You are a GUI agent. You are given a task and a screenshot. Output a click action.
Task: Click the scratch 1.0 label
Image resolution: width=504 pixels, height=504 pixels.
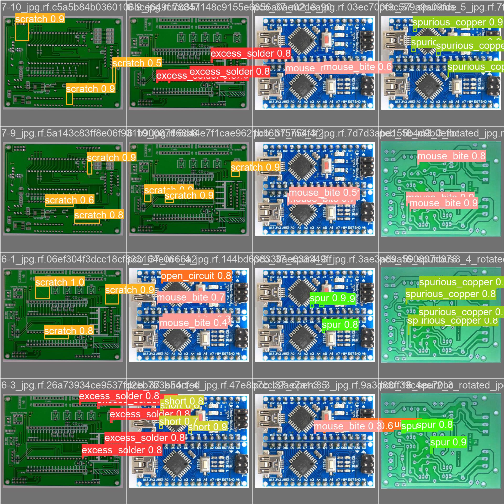(60, 282)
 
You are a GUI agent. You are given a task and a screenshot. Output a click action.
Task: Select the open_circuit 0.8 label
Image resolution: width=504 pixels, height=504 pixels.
(196, 276)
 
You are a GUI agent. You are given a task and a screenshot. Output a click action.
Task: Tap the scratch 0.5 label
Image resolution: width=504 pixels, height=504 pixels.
(137, 63)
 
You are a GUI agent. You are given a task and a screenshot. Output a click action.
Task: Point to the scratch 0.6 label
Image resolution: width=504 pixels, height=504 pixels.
(69, 200)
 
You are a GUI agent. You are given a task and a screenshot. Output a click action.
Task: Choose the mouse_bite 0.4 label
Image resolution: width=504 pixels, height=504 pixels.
(193, 323)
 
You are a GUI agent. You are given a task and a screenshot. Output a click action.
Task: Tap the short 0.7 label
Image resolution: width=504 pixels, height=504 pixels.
(178, 421)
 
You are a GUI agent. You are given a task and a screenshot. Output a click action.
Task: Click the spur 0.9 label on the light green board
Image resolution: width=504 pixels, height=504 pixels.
(448, 442)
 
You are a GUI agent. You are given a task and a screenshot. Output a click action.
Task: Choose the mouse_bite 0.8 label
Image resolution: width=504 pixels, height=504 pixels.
(451, 156)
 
